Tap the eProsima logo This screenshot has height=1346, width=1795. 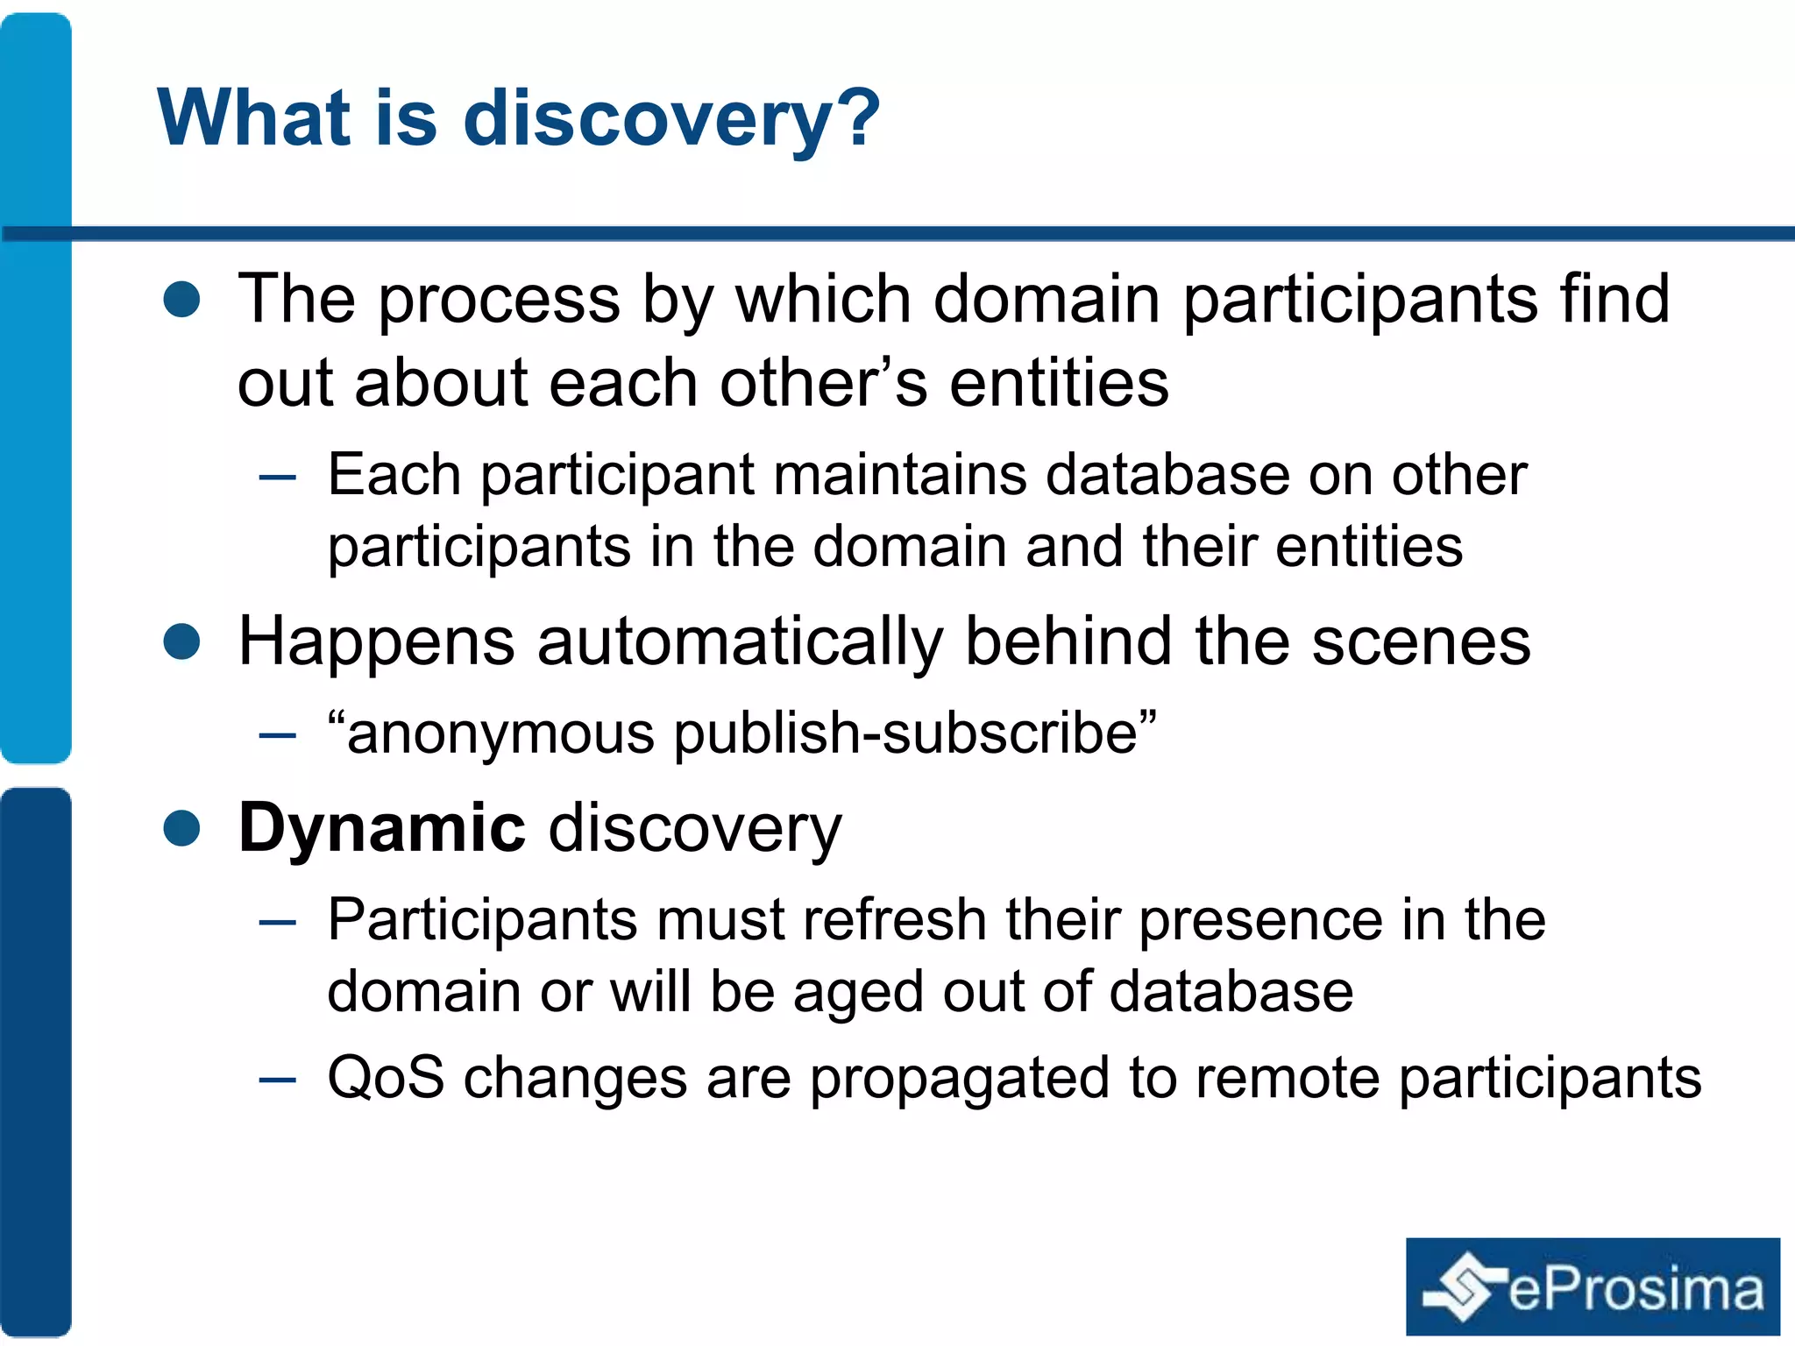tap(1593, 1286)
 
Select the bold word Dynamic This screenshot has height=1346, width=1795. tap(382, 827)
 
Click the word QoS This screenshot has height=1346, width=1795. tap(386, 1077)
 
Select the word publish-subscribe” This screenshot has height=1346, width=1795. tap(915, 733)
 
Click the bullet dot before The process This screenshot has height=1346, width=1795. tap(182, 299)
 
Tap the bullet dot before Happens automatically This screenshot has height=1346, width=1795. tap(182, 641)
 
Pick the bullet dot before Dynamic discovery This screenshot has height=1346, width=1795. tap(182, 827)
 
